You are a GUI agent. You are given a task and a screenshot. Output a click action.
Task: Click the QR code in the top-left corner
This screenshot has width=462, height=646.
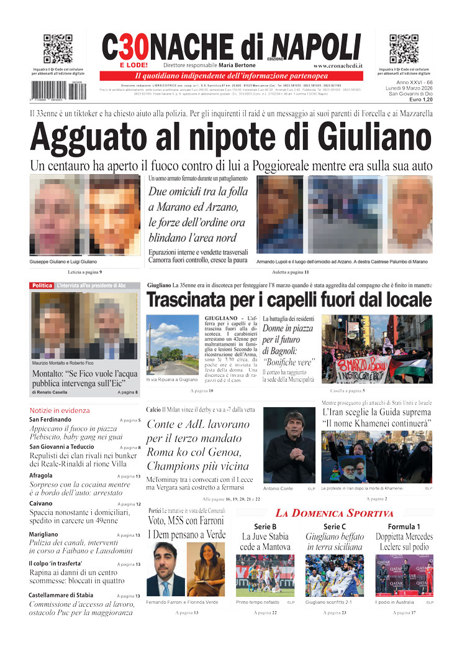57,49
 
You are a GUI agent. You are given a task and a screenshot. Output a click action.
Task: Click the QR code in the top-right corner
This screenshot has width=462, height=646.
403,49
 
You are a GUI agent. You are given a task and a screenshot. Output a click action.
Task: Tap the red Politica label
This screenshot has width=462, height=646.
42,285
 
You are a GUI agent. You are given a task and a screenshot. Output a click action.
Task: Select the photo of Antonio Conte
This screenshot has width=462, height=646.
289,445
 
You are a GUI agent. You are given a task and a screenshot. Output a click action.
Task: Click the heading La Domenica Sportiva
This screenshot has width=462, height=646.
335,514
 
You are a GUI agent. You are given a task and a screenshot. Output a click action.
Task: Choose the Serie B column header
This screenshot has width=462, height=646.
265,527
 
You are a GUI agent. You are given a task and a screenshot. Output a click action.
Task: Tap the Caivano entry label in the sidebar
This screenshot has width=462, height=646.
40,504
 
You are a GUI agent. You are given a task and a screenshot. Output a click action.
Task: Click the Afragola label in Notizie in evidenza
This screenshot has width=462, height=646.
41,476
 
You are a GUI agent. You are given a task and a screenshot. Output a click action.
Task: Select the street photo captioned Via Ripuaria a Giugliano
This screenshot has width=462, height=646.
173,344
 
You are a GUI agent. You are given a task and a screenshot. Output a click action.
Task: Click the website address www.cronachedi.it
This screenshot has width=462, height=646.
338,66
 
